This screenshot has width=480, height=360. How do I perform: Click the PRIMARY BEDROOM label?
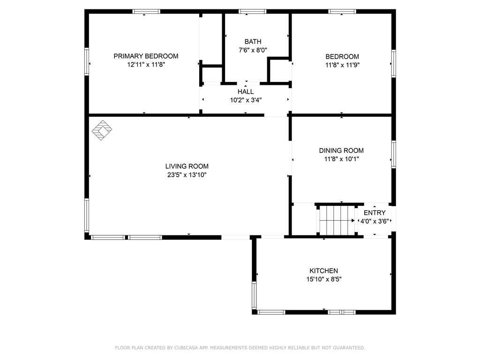point(146,56)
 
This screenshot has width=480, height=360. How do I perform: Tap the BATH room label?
point(253,42)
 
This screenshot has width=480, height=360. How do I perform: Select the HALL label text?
point(246,91)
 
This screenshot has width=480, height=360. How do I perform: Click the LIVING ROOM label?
point(187,166)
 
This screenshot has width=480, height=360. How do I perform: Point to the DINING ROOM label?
point(341,150)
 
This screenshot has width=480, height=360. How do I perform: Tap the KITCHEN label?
point(323,270)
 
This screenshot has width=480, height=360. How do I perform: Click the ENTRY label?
point(375,213)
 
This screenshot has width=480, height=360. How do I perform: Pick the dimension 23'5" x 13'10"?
point(187,175)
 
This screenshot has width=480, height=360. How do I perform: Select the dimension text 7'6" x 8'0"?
point(253,50)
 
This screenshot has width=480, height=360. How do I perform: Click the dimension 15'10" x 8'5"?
point(324,279)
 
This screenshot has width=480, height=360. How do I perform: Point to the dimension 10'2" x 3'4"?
point(246,100)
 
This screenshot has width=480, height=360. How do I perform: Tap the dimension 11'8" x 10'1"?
point(341,159)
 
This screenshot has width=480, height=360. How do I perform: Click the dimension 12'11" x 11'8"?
point(146,65)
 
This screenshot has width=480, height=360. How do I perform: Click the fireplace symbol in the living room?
point(102,130)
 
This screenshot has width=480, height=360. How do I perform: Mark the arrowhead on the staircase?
point(353,220)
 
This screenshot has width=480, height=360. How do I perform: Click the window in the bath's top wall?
point(252,12)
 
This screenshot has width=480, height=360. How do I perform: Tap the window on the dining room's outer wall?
point(394,154)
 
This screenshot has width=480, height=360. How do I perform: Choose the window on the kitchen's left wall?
point(254,295)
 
